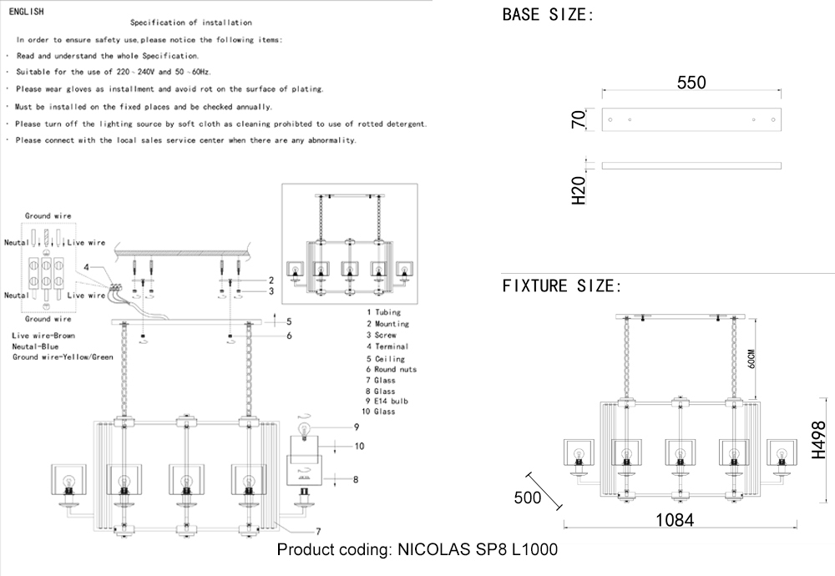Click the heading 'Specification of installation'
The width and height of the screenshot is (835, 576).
[x=191, y=23]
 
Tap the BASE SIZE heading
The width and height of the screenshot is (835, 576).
[x=547, y=14]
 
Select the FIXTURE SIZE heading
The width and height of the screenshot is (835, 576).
[x=561, y=286]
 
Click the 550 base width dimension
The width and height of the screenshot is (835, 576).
[x=691, y=83]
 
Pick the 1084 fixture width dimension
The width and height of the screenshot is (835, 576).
[x=675, y=519]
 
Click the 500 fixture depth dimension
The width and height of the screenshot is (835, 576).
[x=527, y=498]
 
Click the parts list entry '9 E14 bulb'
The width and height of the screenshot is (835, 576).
[x=387, y=402]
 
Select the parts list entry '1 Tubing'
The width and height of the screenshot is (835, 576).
[x=382, y=312]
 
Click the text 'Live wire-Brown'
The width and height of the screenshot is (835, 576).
[x=43, y=336]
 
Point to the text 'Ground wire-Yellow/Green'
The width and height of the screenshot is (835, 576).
[x=63, y=357]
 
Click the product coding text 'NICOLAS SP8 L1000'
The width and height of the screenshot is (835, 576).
[x=477, y=549]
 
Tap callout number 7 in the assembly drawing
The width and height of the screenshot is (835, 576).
[x=318, y=531]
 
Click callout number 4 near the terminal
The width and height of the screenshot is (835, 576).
[x=87, y=267]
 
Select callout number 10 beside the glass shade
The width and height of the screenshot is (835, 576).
[x=359, y=447]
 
